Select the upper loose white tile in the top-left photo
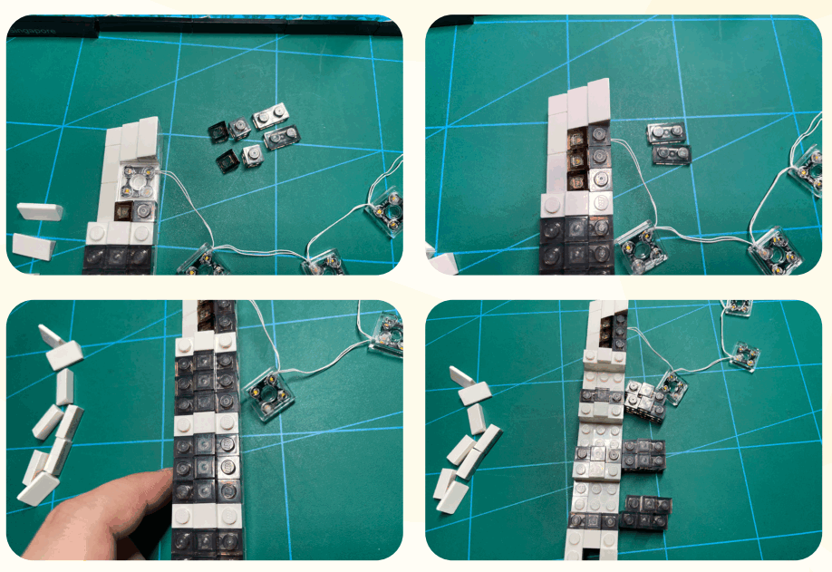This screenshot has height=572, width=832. tap(40, 212)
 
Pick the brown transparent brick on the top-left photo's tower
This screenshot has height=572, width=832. tap(124, 211)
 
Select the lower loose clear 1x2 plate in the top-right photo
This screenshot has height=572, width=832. tap(672, 155)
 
